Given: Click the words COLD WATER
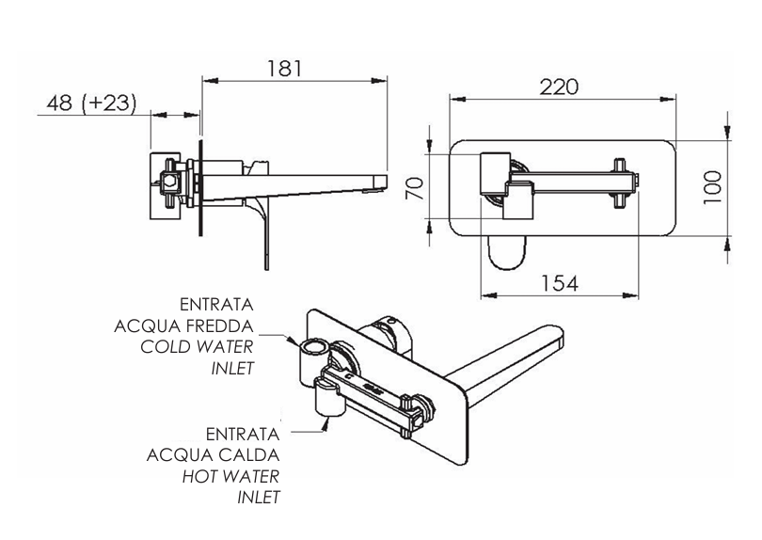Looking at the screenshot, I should [x=197, y=346].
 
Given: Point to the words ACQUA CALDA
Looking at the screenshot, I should [x=214, y=454].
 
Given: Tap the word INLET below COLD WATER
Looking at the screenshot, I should [x=233, y=367].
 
